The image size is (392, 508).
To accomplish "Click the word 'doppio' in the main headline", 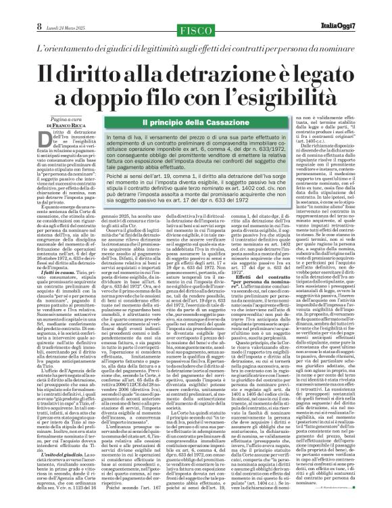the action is click(130, 97).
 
